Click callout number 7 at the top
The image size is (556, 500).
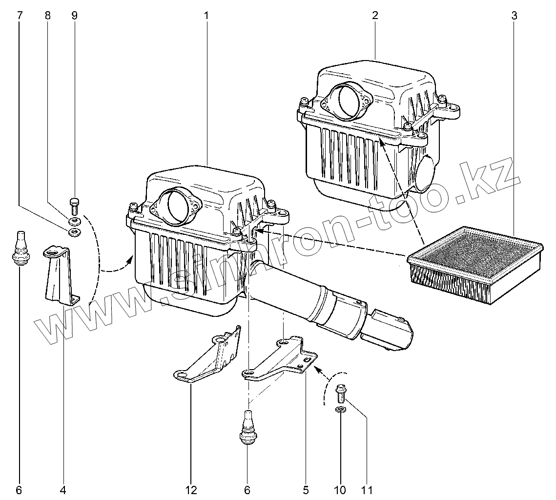click(20, 15)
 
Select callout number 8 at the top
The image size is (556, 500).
click(47, 15)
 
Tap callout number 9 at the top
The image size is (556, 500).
click(74, 15)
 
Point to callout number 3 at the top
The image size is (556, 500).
click(514, 15)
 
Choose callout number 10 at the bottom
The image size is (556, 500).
click(340, 489)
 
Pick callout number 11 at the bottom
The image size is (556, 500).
click(367, 489)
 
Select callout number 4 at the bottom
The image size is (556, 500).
click(63, 489)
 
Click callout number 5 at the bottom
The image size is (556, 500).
click(306, 489)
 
